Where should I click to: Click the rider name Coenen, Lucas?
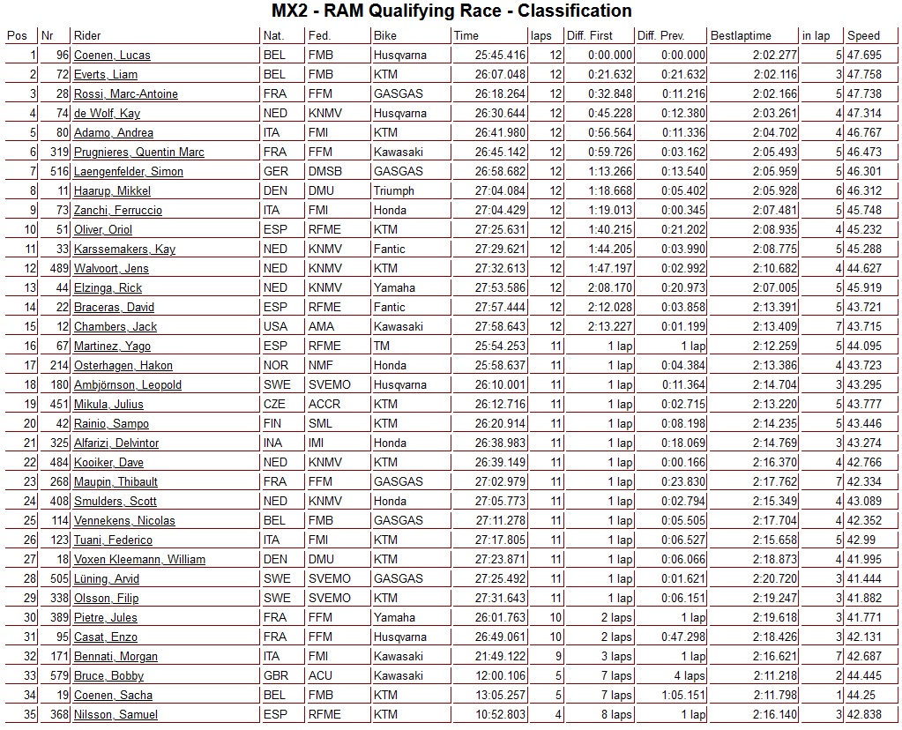point(112,56)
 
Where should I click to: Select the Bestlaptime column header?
point(741,36)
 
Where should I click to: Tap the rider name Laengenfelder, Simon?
point(129,172)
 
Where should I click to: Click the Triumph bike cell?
point(393,191)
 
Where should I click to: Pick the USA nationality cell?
point(275,327)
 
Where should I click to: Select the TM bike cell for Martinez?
point(382,346)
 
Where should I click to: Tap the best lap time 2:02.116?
point(775,75)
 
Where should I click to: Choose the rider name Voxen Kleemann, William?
point(139,560)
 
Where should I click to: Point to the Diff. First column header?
point(590,36)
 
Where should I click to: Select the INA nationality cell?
point(273,443)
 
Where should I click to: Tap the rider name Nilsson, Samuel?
point(116,715)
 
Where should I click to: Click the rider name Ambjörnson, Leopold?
point(128,385)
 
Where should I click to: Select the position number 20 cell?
point(30,424)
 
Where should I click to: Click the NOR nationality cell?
point(275,366)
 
